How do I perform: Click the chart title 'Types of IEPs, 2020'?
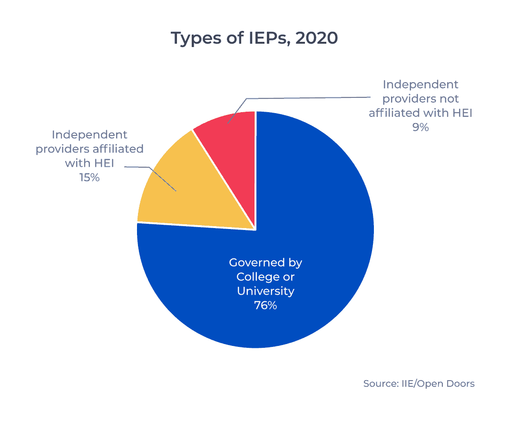click(254, 38)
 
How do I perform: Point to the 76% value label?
click(265, 306)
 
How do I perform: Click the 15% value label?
click(89, 178)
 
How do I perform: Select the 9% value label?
click(421, 127)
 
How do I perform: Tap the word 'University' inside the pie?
click(265, 291)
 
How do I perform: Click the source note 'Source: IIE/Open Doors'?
click(419, 383)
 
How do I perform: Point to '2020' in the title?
click(316, 38)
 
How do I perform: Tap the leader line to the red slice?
click(309, 98)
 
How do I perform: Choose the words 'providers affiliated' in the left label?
click(89, 149)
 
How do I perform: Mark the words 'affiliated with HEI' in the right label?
click(421, 113)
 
